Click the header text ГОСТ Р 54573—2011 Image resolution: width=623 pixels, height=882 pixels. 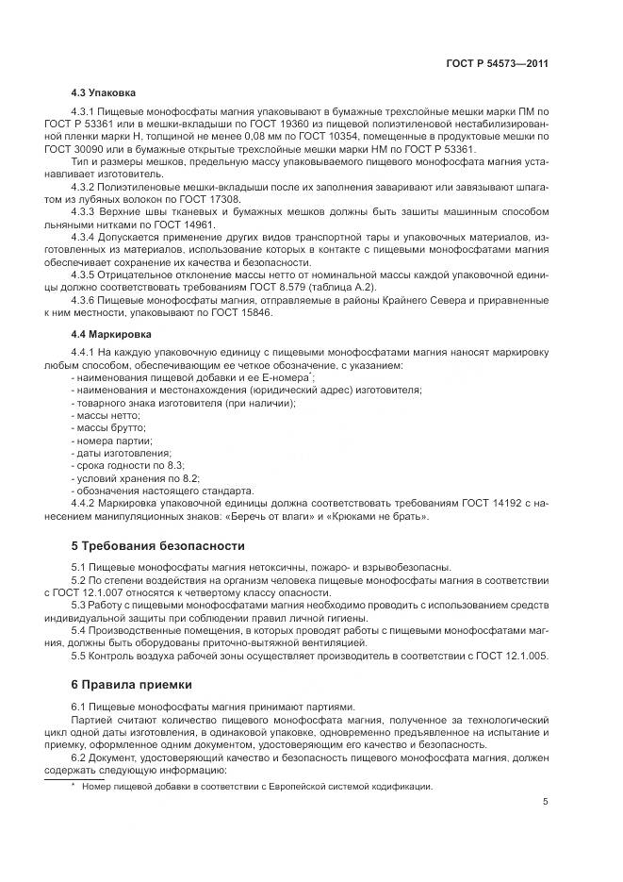tap(498, 64)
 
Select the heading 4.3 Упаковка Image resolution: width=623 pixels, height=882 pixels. tap(104, 93)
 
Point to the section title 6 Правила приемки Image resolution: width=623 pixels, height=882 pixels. tap(132, 684)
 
